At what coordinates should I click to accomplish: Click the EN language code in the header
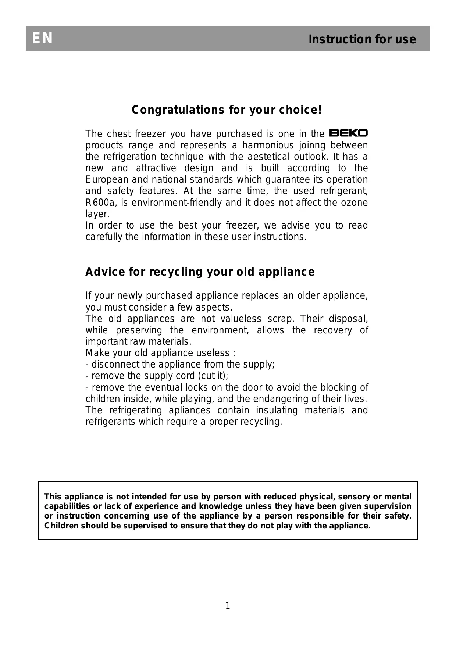tap(42, 39)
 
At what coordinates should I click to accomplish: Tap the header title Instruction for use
tap(362, 39)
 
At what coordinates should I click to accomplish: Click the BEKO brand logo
tap(348, 133)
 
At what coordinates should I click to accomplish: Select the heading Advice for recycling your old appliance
tap(200, 272)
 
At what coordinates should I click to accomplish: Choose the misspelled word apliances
tap(190, 410)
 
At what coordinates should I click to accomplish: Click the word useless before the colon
tap(213, 353)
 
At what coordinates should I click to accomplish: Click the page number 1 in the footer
tap(228, 606)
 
